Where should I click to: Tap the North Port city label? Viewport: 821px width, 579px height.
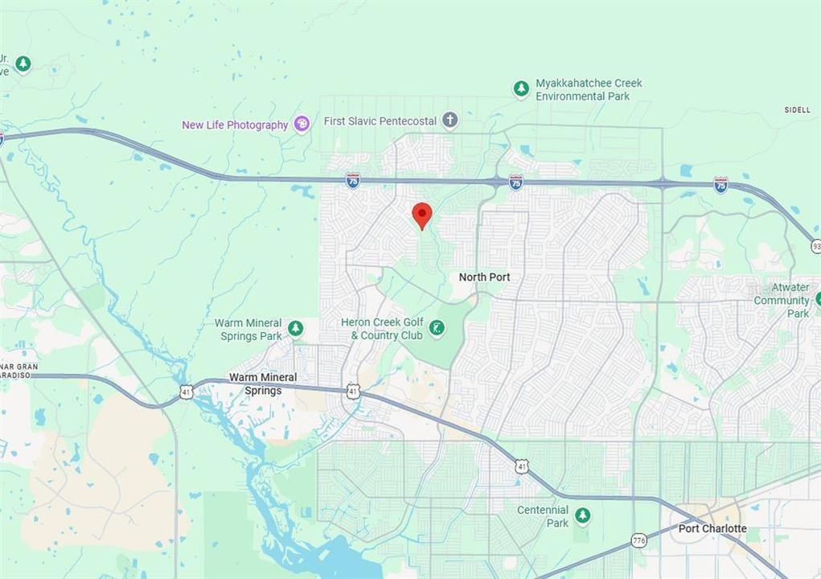(x=484, y=277)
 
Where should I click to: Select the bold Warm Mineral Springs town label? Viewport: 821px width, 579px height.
(x=263, y=384)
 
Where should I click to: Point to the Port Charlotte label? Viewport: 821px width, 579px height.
(x=712, y=528)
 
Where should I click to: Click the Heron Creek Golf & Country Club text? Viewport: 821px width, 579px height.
(x=381, y=329)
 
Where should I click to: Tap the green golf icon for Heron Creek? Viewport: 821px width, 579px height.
(x=437, y=327)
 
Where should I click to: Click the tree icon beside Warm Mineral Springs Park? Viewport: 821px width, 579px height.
(x=296, y=328)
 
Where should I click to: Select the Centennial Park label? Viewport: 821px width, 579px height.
(x=543, y=516)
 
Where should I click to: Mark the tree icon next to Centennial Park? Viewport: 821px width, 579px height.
(x=582, y=515)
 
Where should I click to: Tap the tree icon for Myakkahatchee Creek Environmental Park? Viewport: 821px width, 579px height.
(x=521, y=88)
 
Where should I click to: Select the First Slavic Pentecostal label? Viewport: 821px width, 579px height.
(x=380, y=121)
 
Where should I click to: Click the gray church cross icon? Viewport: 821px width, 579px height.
(x=449, y=121)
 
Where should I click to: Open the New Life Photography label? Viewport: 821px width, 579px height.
(x=235, y=125)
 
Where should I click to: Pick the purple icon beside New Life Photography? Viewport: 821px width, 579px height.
(x=302, y=124)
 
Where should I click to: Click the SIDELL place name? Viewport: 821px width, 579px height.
(x=797, y=110)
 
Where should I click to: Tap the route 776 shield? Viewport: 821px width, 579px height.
(x=639, y=540)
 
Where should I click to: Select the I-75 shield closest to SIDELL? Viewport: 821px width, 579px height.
(x=721, y=186)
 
